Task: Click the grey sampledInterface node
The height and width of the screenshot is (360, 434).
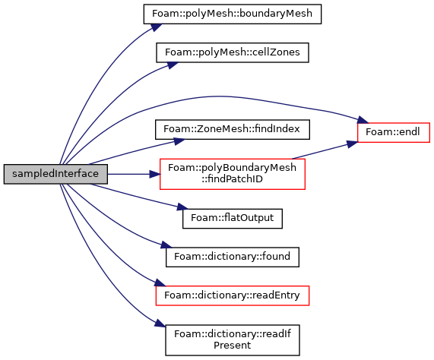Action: point(55,174)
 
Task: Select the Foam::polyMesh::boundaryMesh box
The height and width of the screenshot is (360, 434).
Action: point(233,14)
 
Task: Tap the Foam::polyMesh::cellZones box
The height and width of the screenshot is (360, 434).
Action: point(233,52)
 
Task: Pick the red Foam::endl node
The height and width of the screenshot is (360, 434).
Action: point(393,132)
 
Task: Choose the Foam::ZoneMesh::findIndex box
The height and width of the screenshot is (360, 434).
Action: point(233,129)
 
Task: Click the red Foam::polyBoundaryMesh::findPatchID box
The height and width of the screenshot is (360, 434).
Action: point(233,174)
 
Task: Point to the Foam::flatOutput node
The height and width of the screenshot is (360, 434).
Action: point(233,219)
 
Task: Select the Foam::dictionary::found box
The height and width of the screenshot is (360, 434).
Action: point(233,257)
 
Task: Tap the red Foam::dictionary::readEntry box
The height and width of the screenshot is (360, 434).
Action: point(233,295)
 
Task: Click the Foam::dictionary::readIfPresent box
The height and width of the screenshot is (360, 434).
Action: point(233,340)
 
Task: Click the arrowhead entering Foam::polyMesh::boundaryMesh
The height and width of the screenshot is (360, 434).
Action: point(156,27)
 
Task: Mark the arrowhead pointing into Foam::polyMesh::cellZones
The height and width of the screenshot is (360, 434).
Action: point(173,65)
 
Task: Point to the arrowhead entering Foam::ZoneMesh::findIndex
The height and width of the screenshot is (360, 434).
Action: point(179,141)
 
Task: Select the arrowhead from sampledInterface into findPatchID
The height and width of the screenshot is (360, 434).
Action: point(155,174)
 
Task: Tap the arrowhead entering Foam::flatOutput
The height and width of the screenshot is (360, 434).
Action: point(182,207)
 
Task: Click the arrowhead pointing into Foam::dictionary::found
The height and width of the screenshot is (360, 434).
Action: point(166,245)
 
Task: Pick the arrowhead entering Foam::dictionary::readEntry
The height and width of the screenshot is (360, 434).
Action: point(160,283)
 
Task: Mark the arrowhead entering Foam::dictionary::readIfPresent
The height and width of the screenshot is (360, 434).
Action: point(160,324)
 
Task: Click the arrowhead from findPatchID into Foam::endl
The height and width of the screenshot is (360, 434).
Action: point(352,144)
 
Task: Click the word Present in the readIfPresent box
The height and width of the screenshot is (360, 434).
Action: point(233,346)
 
